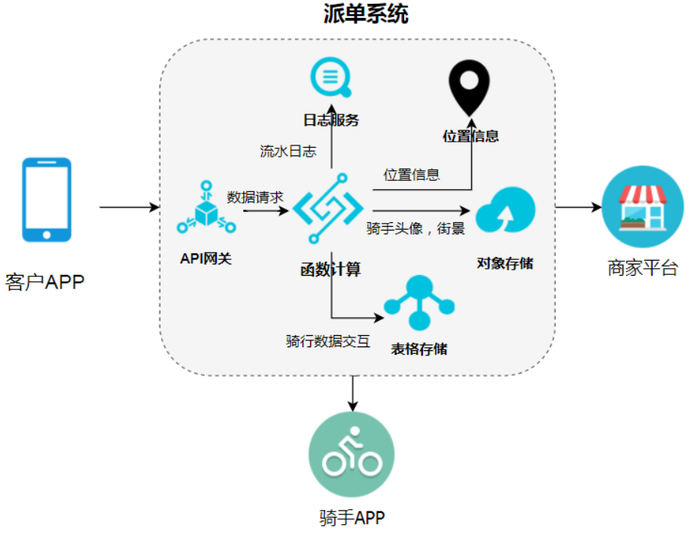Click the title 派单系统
click(365, 14)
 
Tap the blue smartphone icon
click(47, 200)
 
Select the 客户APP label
click(45, 282)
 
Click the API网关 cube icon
click(206, 207)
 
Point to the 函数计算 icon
click(328, 208)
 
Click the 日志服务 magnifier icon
click(330, 77)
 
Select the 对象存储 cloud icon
click(505, 210)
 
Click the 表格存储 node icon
click(419, 303)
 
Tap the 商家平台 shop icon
click(643, 207)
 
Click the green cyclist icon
click(352, 454)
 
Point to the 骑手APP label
click(352, 517)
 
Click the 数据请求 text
click(255, 197)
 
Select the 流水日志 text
click(288, 151)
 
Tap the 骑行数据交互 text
click(328, 341)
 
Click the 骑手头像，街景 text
click(415, 228)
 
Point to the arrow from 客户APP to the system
click(129, 207)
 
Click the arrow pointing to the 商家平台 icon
click(579, 207)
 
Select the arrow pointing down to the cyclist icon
click(353, 394)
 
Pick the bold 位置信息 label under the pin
click(470, 136)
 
